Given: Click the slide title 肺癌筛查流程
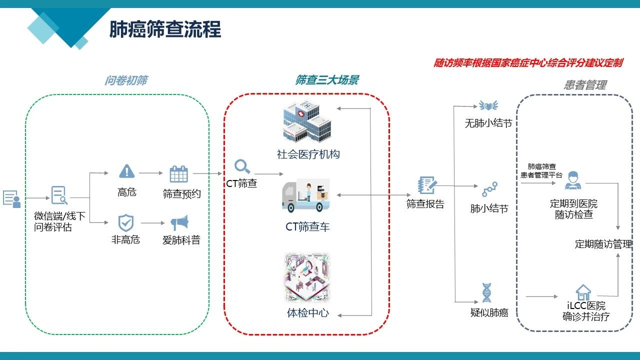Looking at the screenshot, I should point(165,29).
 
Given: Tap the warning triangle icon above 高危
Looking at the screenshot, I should point(127,171).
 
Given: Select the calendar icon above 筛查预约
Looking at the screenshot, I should point(178,174).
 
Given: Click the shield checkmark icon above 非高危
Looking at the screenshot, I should point(125,222).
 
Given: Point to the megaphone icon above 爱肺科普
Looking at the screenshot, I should point(179,223).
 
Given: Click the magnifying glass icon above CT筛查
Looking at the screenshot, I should point(242,166).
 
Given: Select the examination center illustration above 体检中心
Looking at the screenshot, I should point(307,277).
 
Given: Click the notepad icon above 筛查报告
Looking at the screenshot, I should point(427,185).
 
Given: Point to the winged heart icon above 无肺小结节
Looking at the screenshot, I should point(488,105).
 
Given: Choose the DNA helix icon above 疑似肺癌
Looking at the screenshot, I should point(486,292).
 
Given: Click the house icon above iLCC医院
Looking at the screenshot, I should point(583,292).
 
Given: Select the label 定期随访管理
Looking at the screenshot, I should point(603,244).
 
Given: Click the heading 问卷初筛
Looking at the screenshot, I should point(126,80).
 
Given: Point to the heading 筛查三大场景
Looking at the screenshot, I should point(327,80).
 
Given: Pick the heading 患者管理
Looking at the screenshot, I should point(585,85).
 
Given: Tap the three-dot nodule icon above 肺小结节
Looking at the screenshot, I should point(489,189).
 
